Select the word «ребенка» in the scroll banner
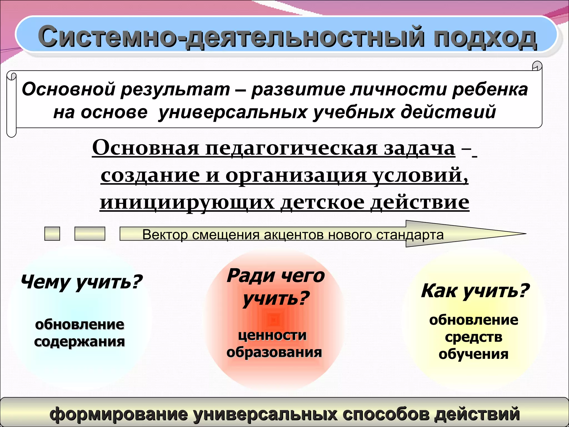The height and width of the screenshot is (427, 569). point(490,90)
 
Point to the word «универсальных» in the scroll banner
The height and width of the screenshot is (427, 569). point(232,112)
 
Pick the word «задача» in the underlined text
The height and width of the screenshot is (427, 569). point(420,148)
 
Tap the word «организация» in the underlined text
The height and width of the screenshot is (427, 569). point(296,175)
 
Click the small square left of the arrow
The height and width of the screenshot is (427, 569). point(52,234)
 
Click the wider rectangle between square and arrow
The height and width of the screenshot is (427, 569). point(90,234)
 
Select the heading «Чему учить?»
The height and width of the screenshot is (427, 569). point(81,282)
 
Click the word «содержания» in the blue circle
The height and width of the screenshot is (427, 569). point(79,341)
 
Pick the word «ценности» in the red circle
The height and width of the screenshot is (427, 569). point(272,335)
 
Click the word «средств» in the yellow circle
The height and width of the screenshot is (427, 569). point(474,337)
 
